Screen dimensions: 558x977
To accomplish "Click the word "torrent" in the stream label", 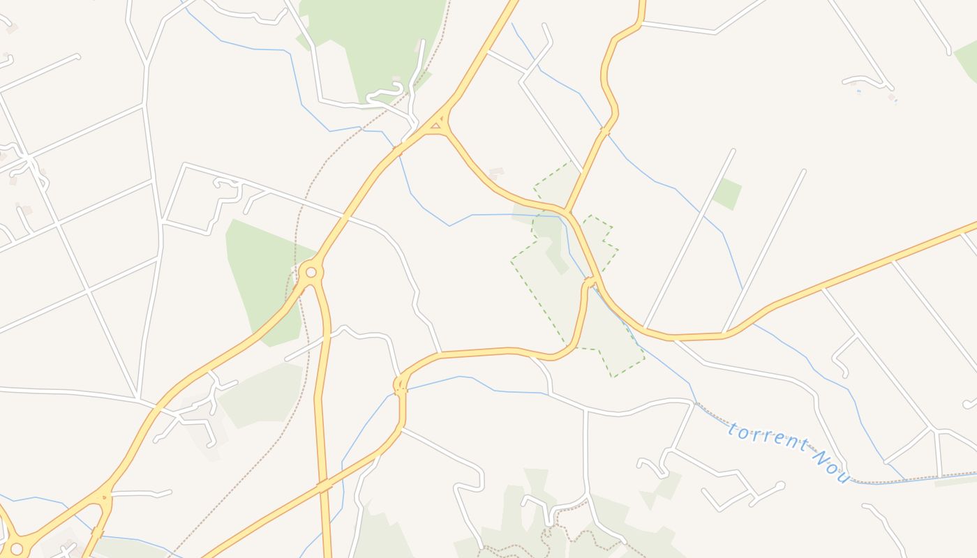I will (768, 439).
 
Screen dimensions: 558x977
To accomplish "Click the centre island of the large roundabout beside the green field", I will (311, 272).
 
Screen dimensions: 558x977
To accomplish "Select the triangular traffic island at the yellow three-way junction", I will (436, 126).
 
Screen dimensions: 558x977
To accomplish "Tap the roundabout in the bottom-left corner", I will (16, 549).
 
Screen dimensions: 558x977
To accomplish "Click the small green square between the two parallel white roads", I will (726, 194).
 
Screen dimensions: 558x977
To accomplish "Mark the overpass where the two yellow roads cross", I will (323, 485).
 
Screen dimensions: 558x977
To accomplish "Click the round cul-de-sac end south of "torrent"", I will (781, 485).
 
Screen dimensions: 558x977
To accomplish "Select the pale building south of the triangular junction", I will (496, 172).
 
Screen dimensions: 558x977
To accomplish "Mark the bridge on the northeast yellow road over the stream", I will (604, 131).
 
